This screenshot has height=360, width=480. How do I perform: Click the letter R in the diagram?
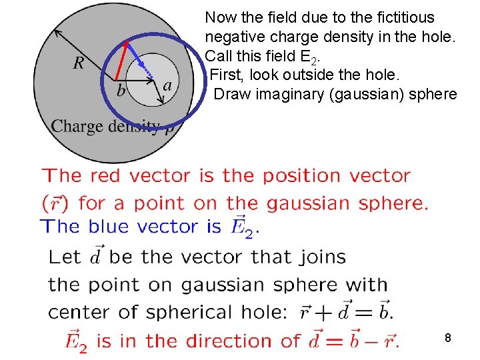tap(79, 63)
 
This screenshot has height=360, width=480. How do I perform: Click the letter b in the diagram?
tap(121, 90)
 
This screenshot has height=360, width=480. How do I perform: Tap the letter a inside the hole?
tap(167, 85)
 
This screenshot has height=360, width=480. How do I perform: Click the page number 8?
tap(448, 338)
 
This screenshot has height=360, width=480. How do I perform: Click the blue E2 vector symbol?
tap(240, 227)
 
